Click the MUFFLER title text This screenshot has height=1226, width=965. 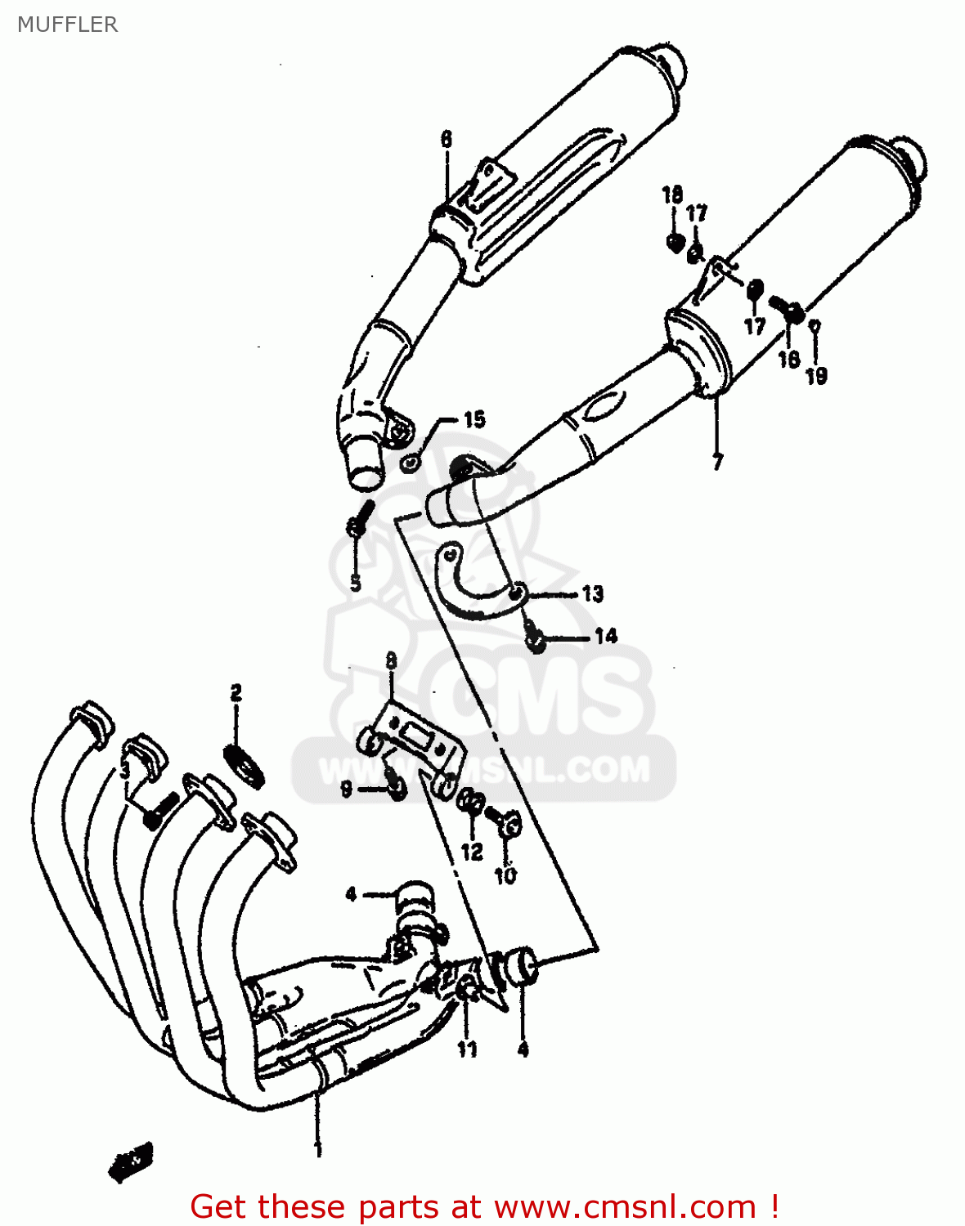tap(67, 25)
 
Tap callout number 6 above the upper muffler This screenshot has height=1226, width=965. tap(446, 140)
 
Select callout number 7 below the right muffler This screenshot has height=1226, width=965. tap(717, 463)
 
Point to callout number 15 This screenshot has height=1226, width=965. tap(474, 420)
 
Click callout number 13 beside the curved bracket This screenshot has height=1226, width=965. tap(593, 593)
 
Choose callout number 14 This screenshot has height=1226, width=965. tap(606, 636)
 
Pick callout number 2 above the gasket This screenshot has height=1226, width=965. tap(236, 694)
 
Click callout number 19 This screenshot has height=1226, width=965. tap(816, 376)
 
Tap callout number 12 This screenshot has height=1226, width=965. tap(472, 852)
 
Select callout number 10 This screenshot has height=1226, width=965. tap(505, 875)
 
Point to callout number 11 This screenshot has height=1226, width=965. tap(467, 1049)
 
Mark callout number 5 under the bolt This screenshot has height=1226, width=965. tap(355, 582)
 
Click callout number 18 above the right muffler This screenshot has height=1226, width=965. tap(672, 195)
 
